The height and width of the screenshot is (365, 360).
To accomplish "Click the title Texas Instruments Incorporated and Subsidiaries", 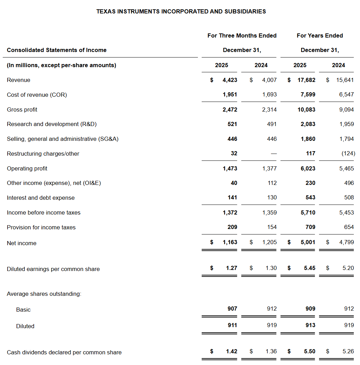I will tap(181, 11).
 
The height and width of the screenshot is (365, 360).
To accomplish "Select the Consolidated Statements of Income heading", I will tap(56, 50).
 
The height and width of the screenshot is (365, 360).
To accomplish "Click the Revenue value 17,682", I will tap(306, 80).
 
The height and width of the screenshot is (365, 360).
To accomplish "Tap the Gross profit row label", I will tap(22, 109).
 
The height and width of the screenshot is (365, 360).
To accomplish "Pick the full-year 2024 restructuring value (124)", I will tap(348, 154).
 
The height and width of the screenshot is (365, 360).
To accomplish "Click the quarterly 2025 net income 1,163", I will tap(230, 242).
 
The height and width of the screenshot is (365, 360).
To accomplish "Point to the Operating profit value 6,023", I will tap(308, 168).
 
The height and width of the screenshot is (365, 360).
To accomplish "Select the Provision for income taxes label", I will tap(41, 227).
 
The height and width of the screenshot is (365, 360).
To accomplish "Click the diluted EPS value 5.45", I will tap(309, 268).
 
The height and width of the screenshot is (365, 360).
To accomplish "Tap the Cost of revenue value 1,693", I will tap(269, 94).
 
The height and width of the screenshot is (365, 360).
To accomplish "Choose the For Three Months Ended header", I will tap(242, 35).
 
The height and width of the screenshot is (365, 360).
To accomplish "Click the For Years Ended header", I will tap(320, 35).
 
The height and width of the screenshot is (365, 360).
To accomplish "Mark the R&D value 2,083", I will tap(308, 124).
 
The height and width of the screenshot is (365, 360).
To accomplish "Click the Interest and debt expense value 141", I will tap(232, 198).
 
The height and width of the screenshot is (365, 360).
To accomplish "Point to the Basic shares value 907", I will tap(232, 309).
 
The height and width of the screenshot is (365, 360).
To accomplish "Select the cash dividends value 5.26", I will tap(348, 352).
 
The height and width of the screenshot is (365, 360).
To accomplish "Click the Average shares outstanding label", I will tap(44, 294).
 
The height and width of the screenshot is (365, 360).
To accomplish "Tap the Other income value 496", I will tap(349, 183).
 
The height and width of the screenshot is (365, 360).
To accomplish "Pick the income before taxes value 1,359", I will tap(269, 212).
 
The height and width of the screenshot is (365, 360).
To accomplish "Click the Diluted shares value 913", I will tap(310, 325).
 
